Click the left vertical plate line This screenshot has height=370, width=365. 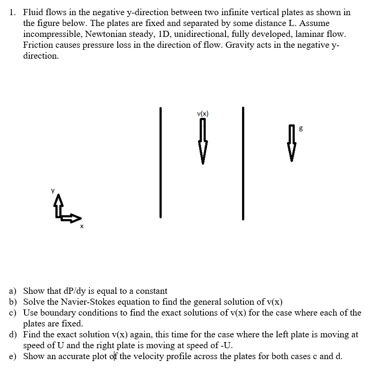pyautogui.click(x=161, y=162)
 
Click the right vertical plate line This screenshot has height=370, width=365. pyautogui.click(x=243, y=162)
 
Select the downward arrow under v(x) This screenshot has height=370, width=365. pyautogui.click(x=202, y=141)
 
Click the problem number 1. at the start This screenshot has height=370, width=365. pyautogui.click(x=14, y=12)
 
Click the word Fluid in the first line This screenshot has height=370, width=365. pyautogui.click(x=33, y=12)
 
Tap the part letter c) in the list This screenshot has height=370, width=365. pyautogui.click(x=14, y=313)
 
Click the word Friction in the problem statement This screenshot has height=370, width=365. pyautogui.click(x=41, y=45)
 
